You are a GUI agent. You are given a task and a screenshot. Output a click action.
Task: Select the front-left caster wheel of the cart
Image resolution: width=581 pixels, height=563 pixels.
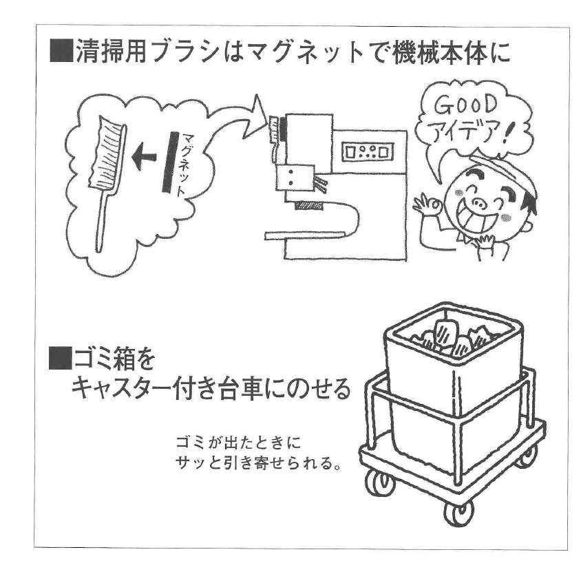(x=377, y=482)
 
